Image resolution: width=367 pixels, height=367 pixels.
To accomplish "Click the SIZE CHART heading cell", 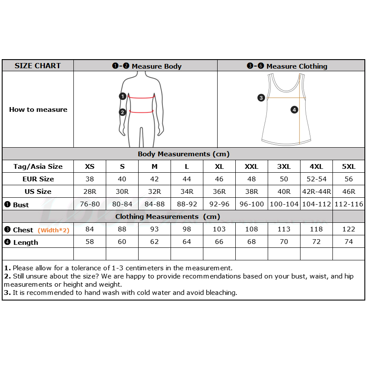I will click(x=38, y=66).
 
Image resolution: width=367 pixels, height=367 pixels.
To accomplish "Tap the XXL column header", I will click(x=252, y=166).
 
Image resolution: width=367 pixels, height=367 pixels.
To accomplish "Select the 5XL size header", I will click(x=349, y=166).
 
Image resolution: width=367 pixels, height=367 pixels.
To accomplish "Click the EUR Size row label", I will click(x=38, y=179).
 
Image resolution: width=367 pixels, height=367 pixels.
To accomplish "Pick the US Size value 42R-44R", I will click(x=316, y=191).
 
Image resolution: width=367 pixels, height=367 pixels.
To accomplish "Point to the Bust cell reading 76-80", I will click(x=90, y=204).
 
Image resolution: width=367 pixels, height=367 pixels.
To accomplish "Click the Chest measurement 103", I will click(x=219, y=229).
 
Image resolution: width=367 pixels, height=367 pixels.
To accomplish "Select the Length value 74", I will click(x=349, y=242).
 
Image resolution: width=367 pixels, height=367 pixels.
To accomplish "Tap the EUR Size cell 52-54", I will click(x=316, y=179).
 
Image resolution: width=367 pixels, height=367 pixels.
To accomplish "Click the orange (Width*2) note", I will click(x=54, y=230).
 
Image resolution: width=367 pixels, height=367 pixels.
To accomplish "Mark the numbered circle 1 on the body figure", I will click(x=123, y=96).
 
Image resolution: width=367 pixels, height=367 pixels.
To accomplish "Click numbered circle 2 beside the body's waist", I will click(x=123, y=112).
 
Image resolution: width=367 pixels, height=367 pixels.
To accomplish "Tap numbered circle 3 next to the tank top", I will click(x=261, y=98).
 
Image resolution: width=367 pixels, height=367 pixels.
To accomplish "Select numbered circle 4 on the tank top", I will click(x=294, y=110).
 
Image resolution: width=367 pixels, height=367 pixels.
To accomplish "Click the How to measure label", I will click(x=38, y=110).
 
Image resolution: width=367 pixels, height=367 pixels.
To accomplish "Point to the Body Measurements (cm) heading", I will click(x=183, y=154).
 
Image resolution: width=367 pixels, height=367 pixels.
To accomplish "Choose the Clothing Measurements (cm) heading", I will click(x=168, y=217).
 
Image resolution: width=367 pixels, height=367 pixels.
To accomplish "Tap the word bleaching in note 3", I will click(x=221, y=292).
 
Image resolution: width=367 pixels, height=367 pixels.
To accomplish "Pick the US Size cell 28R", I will click(x=90, y=191).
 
